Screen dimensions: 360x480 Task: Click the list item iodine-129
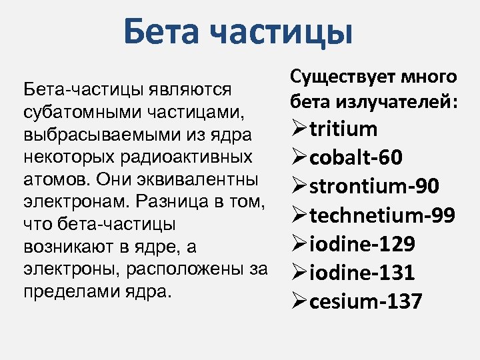coord(364,244)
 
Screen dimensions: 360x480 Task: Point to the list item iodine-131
coord(364,273)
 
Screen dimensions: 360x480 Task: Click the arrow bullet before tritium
coord(299,129)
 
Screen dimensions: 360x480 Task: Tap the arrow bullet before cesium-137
coord(299,301)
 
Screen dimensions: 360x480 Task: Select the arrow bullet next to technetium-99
coord(299,215)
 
